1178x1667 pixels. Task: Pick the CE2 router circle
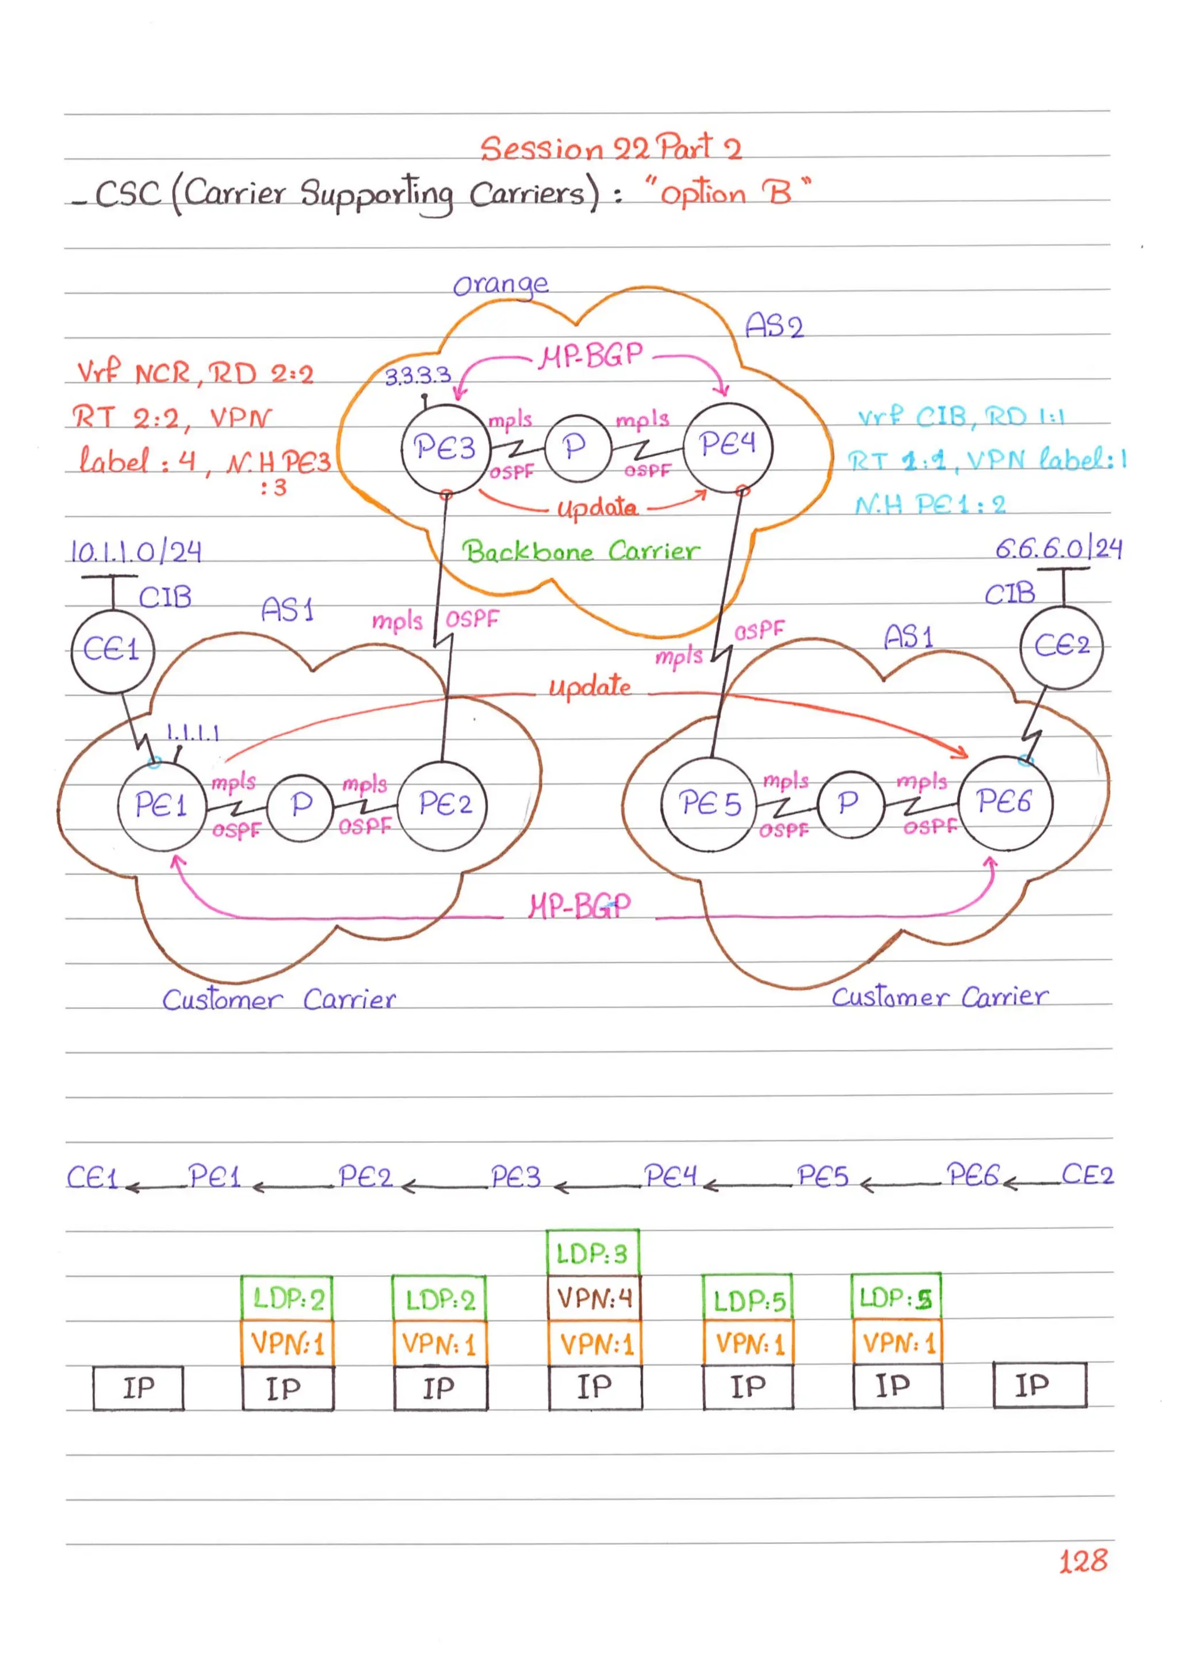1061,646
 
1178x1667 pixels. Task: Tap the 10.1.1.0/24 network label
136,552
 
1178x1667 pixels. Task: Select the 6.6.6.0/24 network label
1058,548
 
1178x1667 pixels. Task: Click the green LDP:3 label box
592,1253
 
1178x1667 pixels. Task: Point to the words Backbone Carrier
580,552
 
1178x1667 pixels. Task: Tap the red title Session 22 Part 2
610,149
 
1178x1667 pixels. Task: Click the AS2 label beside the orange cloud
774,326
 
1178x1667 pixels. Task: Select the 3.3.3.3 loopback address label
418,376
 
